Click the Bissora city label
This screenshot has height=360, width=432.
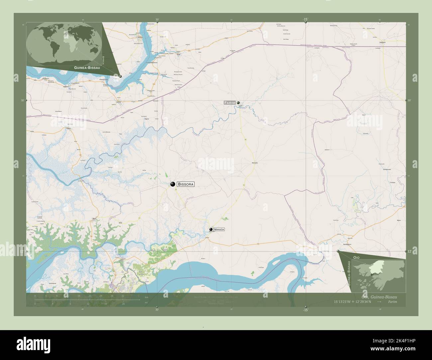185,184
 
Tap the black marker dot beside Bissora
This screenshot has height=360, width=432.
172,184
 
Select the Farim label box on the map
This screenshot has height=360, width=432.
230,103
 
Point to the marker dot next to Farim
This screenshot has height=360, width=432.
238,103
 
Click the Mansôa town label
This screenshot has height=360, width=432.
219,229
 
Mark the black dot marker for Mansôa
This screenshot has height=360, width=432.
211,229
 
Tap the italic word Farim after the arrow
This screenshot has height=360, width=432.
392,302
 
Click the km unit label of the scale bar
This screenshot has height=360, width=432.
146,297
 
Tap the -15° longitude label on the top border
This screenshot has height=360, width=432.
305,19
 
